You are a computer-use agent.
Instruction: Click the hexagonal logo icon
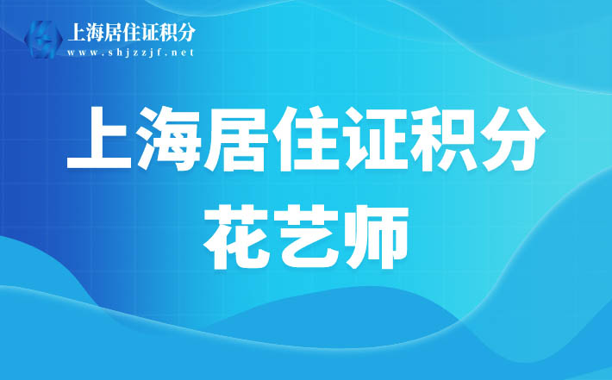43,40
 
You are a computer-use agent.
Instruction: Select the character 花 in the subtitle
235,238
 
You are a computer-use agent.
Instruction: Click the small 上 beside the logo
76,32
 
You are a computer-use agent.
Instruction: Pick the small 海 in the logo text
94,32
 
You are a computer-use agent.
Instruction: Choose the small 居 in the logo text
112,32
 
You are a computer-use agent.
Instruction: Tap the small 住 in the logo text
131,32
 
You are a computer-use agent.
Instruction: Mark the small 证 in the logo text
149,32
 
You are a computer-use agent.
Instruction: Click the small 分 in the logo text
186,32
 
